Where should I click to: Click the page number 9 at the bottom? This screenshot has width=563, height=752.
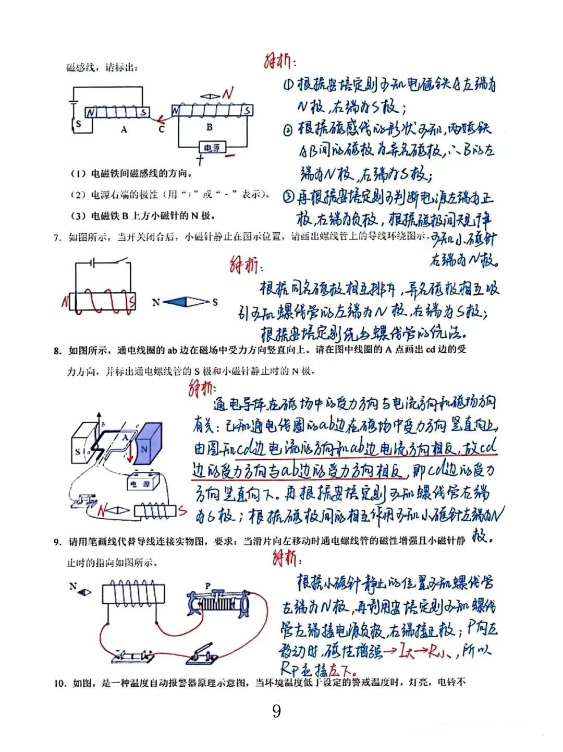point(276,711)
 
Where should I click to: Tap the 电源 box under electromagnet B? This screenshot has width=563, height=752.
point(211,148)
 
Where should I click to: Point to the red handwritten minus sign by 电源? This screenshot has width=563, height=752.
point(229,155)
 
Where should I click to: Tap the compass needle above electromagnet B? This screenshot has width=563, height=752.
point(211,97)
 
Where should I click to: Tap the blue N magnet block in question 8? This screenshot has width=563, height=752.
point(145,444)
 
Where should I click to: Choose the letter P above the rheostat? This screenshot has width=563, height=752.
point(207,586)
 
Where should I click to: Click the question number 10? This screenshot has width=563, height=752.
point(59,683)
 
